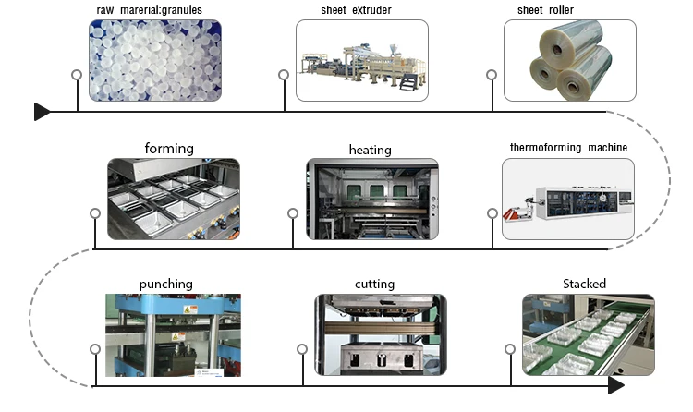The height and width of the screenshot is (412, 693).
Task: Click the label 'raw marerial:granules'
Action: [149, 10]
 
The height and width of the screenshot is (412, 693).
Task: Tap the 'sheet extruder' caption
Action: [357, 10]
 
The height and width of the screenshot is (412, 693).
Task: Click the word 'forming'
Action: [169, 148]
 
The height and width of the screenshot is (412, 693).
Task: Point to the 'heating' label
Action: [370, 150]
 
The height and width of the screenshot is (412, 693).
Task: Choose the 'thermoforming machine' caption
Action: [568, 148]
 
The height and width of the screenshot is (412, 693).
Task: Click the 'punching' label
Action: [166, 284]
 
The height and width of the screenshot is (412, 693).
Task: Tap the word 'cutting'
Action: [374, 284]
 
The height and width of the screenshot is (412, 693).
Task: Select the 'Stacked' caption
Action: [584, 284]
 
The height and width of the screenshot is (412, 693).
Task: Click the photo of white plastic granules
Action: [155, 60]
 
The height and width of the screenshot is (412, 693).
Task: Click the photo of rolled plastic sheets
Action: [569, 60]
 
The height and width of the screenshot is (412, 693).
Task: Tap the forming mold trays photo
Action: [173, 199]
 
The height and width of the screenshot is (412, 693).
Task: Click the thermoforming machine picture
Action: [568, 199]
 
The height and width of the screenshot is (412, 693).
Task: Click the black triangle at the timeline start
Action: [42, 112]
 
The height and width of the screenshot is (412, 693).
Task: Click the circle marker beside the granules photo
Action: [78, 74]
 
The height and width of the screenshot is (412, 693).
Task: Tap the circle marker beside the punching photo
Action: [95, 348]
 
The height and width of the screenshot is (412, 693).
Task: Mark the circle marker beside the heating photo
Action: [293, 213]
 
